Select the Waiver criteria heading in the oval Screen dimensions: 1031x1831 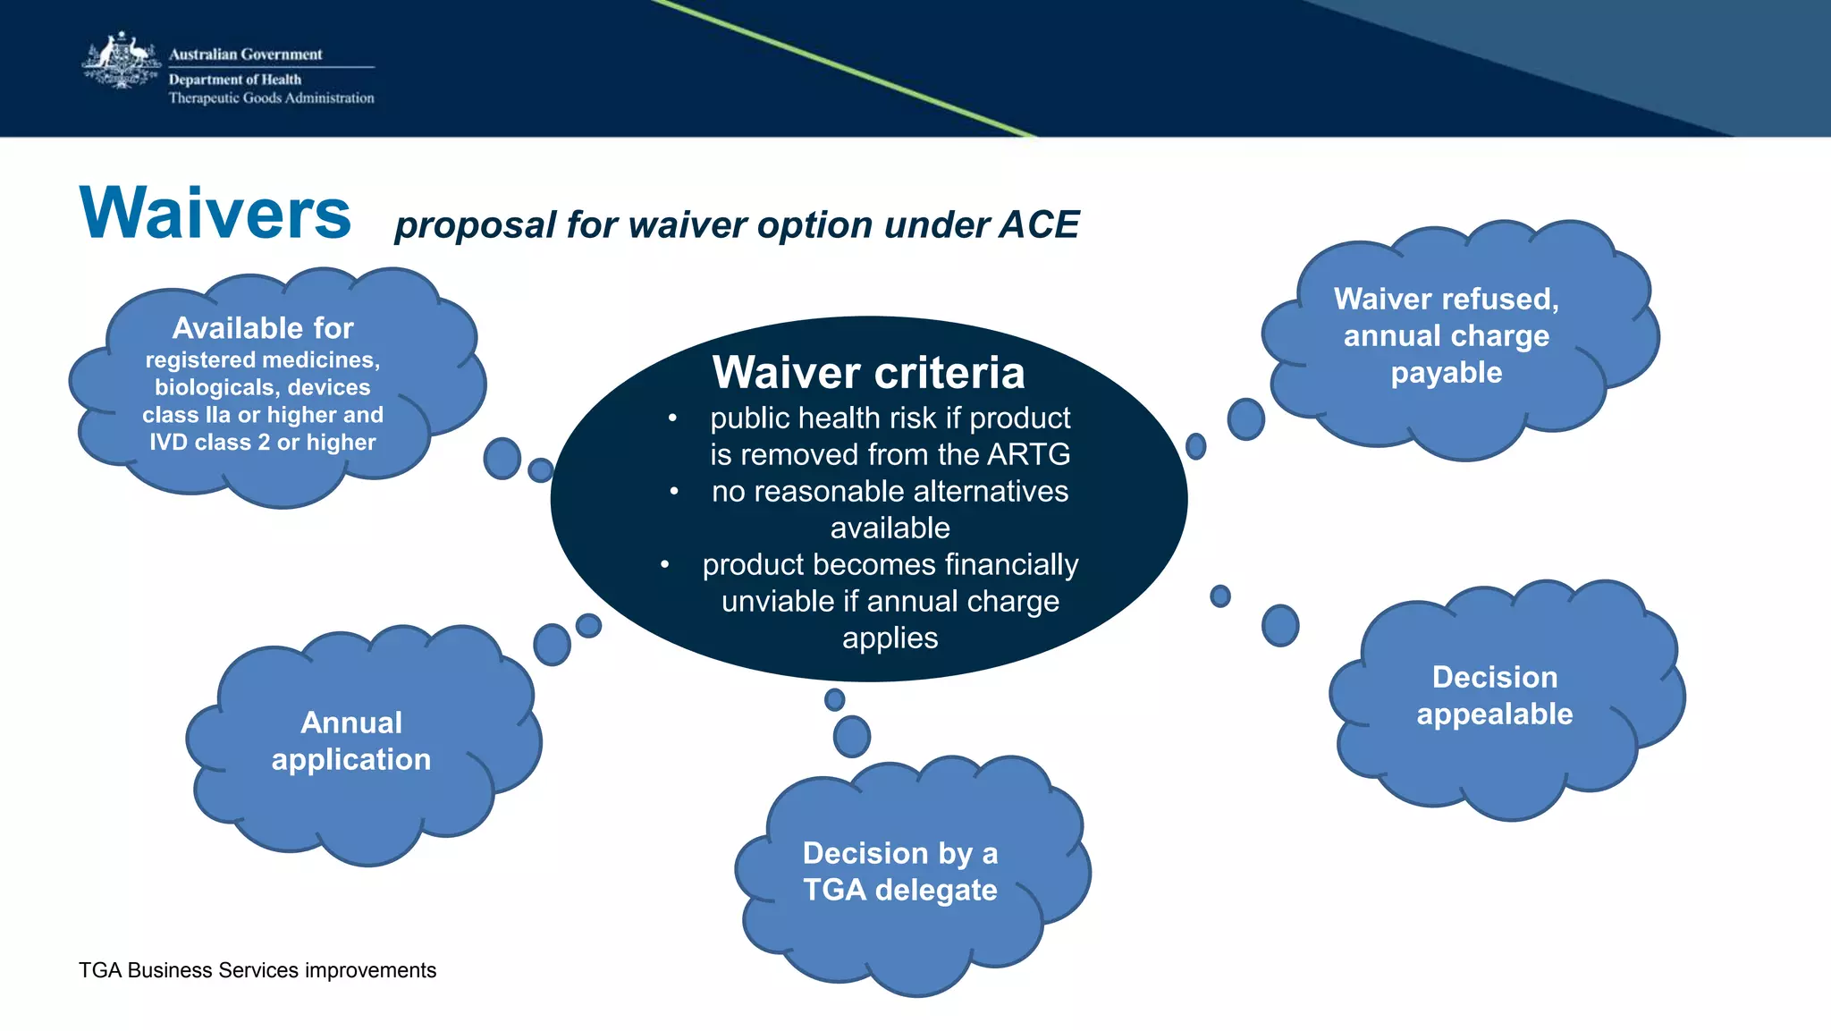point(868,373)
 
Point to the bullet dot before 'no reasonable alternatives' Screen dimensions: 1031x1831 point(674,492)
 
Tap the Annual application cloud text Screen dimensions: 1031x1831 point(351,740)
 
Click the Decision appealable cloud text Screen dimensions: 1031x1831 point(1494,696)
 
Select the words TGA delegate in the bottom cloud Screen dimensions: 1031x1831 point(899,890)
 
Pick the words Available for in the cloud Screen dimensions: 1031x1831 point(263,328)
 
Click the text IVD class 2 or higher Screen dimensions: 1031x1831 point(262,442)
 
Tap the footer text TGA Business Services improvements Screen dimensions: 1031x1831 point(257,970)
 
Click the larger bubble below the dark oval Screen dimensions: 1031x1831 point(851,736)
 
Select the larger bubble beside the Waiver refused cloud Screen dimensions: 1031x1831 point(1245,418)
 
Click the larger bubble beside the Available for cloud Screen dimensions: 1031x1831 point(502,458)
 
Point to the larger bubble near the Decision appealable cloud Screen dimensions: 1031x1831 point(1279,625)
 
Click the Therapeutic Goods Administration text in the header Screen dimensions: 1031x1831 point(271,98)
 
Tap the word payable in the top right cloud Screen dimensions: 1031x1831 point(1446,373)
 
